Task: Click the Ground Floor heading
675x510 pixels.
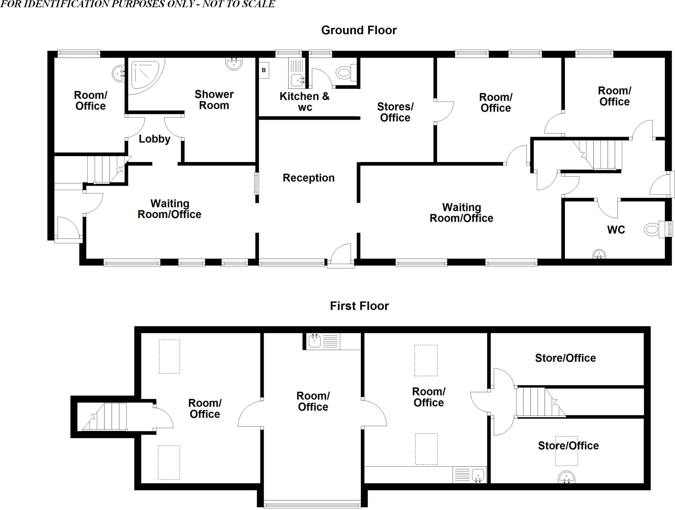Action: (359, 30)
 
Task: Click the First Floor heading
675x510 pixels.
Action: (359, 306)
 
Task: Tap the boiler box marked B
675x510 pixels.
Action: (264, 70)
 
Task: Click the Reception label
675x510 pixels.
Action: (308, 178)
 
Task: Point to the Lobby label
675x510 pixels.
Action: (154, 139)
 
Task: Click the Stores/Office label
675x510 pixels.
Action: (395, 112)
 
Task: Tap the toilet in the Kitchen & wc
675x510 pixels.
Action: (345, 72)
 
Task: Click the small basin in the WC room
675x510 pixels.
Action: (599, 254)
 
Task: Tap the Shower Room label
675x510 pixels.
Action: (214, 100)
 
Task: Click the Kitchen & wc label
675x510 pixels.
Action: (305, 102)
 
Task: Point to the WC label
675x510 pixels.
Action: (616, 230)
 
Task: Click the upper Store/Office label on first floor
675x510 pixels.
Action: (565, 358)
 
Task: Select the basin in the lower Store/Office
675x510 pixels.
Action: (567, 477)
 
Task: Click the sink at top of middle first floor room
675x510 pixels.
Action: (315, 341)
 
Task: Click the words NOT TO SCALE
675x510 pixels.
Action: (238, 4)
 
